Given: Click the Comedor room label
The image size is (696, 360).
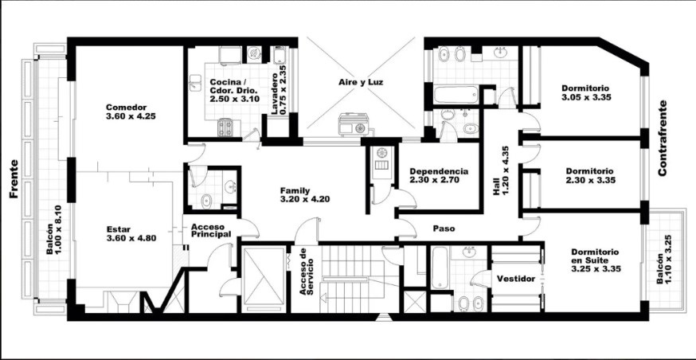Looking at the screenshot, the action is (131, 112).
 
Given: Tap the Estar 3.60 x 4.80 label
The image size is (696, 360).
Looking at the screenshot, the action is (131, 234).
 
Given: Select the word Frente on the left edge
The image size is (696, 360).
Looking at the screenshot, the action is (14, 179).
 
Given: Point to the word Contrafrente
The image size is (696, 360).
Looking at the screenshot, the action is (663, 139).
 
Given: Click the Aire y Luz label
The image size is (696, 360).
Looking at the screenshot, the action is (361, 82).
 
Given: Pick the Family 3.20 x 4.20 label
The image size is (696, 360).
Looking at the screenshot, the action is (304, 195).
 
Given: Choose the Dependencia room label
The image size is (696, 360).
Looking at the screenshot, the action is (439, 175).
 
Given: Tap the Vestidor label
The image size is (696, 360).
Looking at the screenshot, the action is (516, 279).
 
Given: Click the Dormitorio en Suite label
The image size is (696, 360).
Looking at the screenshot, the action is (596, 260).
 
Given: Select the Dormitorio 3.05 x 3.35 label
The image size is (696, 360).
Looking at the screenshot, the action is (586, 92).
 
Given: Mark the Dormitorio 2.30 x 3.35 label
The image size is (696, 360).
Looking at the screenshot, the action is (590, 175).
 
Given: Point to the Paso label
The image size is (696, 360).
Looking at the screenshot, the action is (444, 229).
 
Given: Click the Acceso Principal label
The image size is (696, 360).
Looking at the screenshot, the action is (211, 230).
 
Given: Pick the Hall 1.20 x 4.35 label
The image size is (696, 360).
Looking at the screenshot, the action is (501, 171).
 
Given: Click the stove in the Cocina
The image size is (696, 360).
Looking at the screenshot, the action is (225, 128).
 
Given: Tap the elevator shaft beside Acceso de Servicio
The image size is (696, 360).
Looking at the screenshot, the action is (264, 279).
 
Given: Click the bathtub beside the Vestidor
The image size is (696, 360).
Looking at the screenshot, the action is (440, 268).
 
